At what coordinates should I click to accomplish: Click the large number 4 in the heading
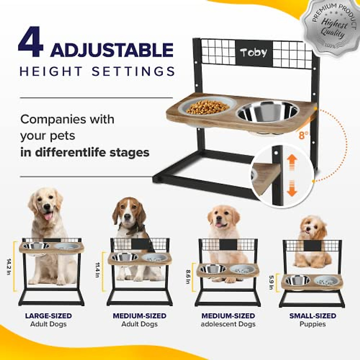coord(31,42)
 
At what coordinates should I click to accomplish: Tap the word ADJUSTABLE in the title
coord(112,50)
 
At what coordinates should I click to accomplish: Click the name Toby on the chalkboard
coord(253,53)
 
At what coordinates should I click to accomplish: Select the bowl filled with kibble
coord(208,107)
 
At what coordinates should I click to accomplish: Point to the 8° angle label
coord(303,136)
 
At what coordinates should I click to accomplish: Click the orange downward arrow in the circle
coord(292,188)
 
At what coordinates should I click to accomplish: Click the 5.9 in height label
coord(271,283)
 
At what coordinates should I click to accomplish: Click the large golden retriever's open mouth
coord(48,215)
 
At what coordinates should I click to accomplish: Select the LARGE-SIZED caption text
coord(48,316)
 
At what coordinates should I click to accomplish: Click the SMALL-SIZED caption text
coord(313,316)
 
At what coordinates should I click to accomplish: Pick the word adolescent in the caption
coord(219,324)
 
